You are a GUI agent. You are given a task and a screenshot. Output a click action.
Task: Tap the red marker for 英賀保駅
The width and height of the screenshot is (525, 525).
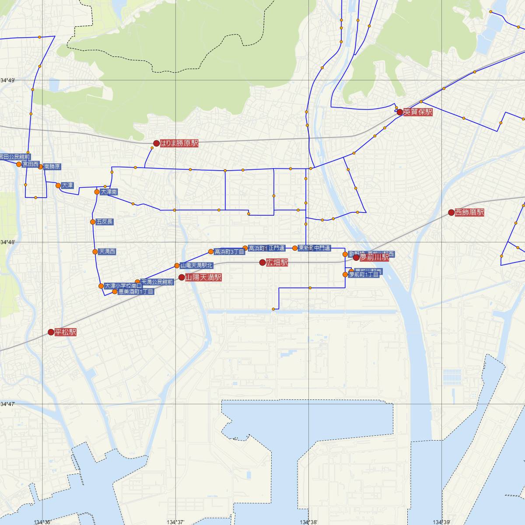pos(399,112)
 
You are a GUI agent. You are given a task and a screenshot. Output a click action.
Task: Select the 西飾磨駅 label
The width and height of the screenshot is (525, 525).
pos(469,213)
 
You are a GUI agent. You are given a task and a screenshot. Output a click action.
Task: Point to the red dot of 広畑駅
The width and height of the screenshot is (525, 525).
pos(262,262)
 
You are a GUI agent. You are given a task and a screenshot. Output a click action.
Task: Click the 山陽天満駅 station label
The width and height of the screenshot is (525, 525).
pos(203,277)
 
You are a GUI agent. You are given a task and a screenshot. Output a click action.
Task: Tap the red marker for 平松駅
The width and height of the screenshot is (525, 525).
pos(51,332)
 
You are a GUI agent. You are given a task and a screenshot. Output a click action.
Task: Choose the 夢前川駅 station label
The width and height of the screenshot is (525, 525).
pos(374,258)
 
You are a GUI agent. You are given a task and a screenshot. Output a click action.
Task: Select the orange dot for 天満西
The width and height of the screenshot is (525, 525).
pos(95,252)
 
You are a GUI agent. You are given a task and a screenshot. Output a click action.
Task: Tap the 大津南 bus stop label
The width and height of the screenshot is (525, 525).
pos(109,192)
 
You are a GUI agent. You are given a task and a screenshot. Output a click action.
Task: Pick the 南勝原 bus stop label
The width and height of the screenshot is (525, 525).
pos(52,167)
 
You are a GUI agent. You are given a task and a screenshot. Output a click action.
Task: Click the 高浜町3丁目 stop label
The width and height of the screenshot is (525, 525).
pos(229,252)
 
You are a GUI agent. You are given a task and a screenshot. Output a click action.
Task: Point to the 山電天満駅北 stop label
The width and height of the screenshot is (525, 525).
pos(196,266)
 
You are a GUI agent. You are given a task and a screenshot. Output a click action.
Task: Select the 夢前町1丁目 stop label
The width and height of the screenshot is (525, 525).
pos(364,275)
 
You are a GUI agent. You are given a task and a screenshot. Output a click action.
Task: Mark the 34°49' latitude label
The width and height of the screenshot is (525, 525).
pos(8,80)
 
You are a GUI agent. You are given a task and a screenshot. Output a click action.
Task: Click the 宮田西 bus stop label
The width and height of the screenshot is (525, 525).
pos(31,164)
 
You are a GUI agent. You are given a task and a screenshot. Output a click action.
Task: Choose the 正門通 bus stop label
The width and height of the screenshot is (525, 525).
pos(276,248)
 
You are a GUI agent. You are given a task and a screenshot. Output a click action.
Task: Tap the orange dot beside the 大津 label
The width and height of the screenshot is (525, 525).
pos(58,185)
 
